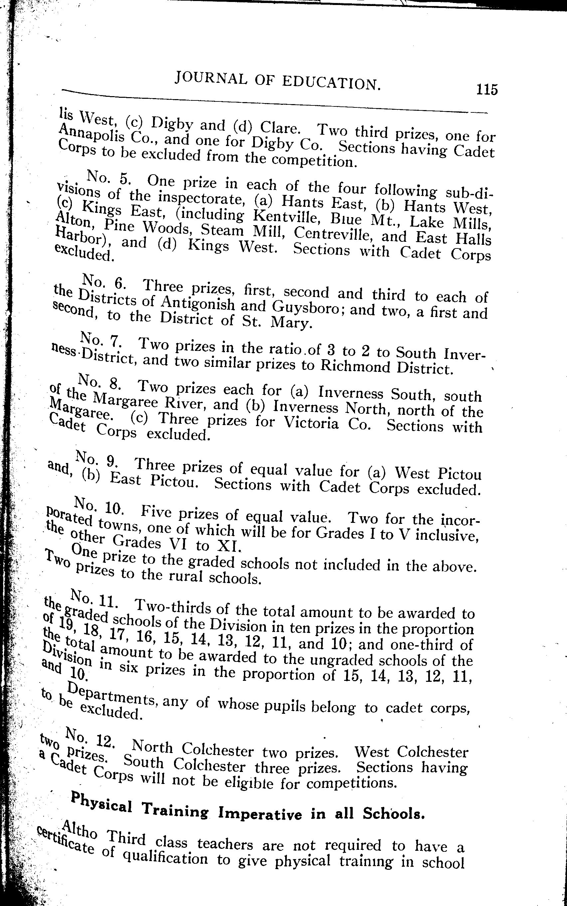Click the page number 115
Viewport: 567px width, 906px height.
coord(486,90)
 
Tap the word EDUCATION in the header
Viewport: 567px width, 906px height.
coord(331,83)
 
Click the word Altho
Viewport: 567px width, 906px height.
coord(81,830)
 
